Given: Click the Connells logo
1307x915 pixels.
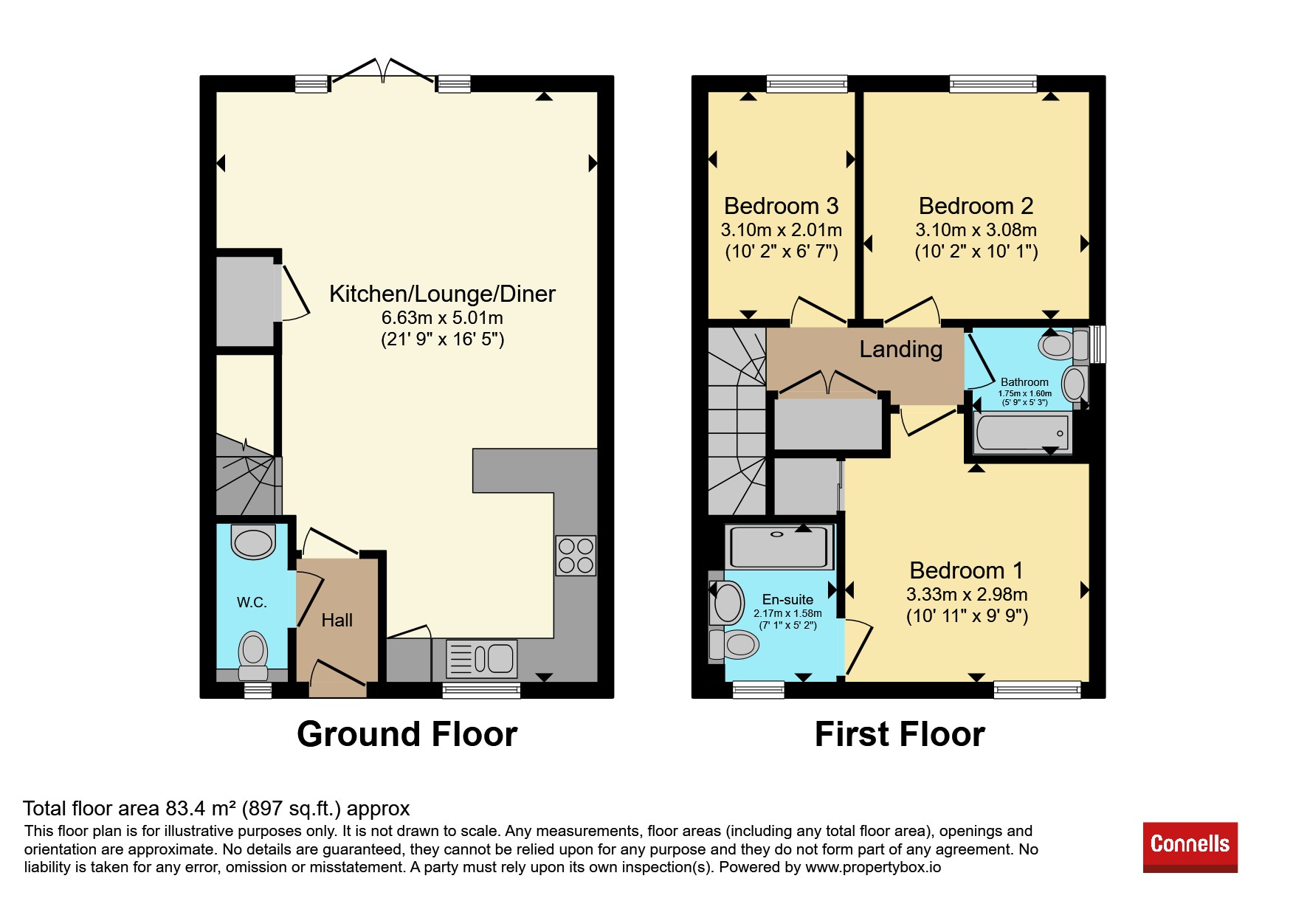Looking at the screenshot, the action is tap(1190, 847).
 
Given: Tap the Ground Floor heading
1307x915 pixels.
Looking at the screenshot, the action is tap(407, 734).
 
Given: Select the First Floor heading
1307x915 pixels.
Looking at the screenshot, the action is tap(900, 734).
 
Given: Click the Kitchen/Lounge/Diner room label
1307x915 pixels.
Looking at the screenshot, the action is tap(442, 294).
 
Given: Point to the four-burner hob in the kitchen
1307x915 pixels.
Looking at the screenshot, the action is tap(576, 556).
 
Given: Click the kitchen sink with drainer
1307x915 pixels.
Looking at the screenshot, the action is tap(481, 659).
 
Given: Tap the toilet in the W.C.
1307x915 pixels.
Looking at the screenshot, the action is tap(253, 655).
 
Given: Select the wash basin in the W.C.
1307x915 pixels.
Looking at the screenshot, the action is tap(253, 542).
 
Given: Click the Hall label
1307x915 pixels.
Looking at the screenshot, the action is tap(337, 621).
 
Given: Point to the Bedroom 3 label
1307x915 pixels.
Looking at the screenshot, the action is tap(782, 206).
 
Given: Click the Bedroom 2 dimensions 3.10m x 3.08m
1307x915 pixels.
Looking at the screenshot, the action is tap(976, 230).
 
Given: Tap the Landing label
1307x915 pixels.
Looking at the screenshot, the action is tap(901, 349).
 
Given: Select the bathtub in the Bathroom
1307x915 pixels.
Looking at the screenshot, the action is tap(1022, 432).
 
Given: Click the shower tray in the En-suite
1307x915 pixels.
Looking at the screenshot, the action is tap(779, 547).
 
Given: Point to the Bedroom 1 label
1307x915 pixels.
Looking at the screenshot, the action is tap(967, 570).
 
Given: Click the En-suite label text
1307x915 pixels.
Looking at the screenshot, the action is tap(787, 600).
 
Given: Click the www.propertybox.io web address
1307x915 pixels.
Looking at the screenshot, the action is tap(873, 868).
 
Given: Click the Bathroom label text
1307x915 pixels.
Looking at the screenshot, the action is tap(1024, 382).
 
